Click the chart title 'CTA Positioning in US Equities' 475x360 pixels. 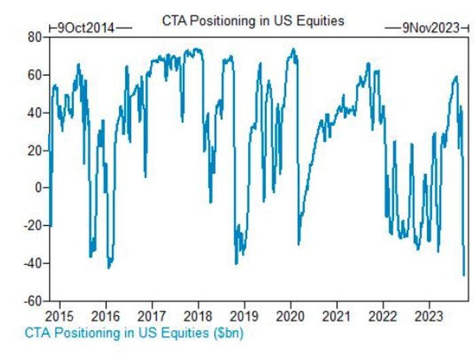[x=253, y=21]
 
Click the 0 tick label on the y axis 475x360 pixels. [x=37, y=187]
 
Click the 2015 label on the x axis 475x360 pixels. [x=59, y=316]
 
